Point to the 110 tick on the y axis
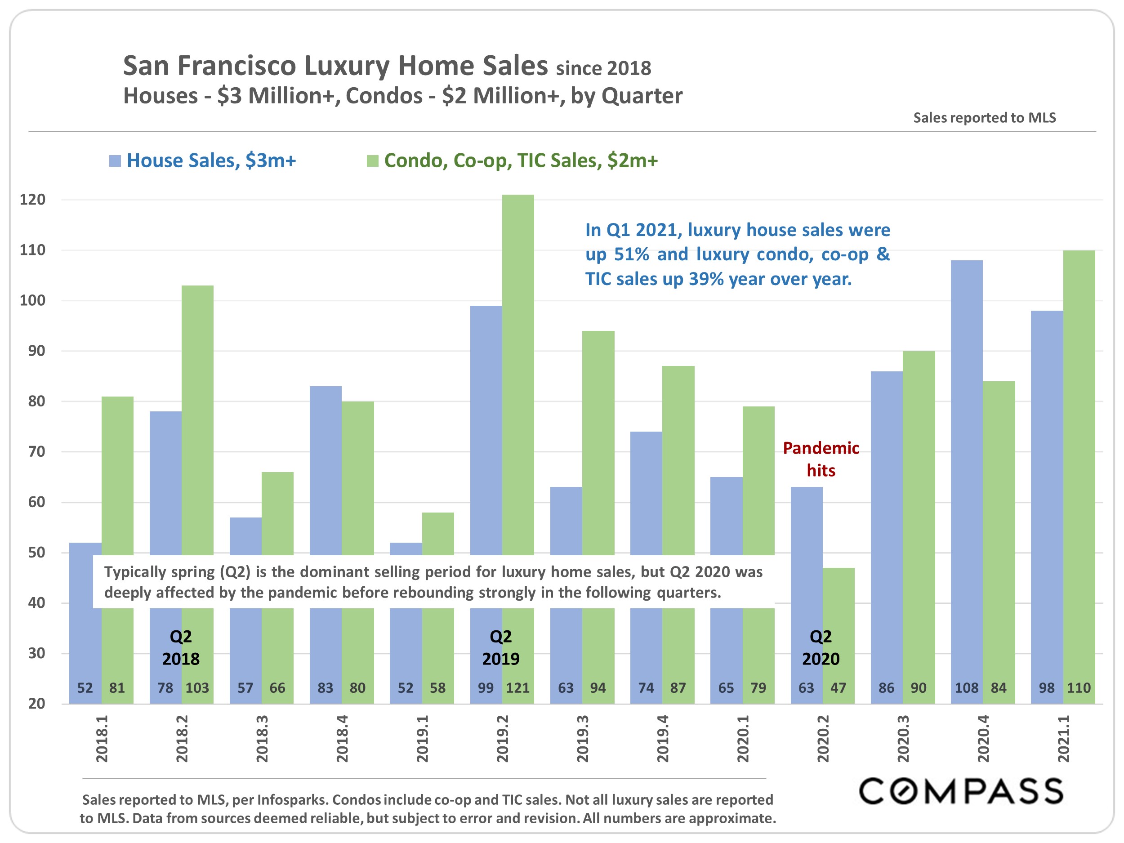[32, 250]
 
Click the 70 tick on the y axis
[36, 452]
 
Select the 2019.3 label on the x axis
[583, 739]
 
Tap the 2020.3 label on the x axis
[903, 739]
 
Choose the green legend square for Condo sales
[372, 161]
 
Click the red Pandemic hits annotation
[821, 459]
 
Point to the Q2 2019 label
[500, 647]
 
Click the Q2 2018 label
[181, 647]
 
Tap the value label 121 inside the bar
[518, 688]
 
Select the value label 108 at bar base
[967, 688]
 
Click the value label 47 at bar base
[839, 688]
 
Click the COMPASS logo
[961, 791]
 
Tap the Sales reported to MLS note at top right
[984, 118]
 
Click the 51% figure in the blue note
[632, 254]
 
